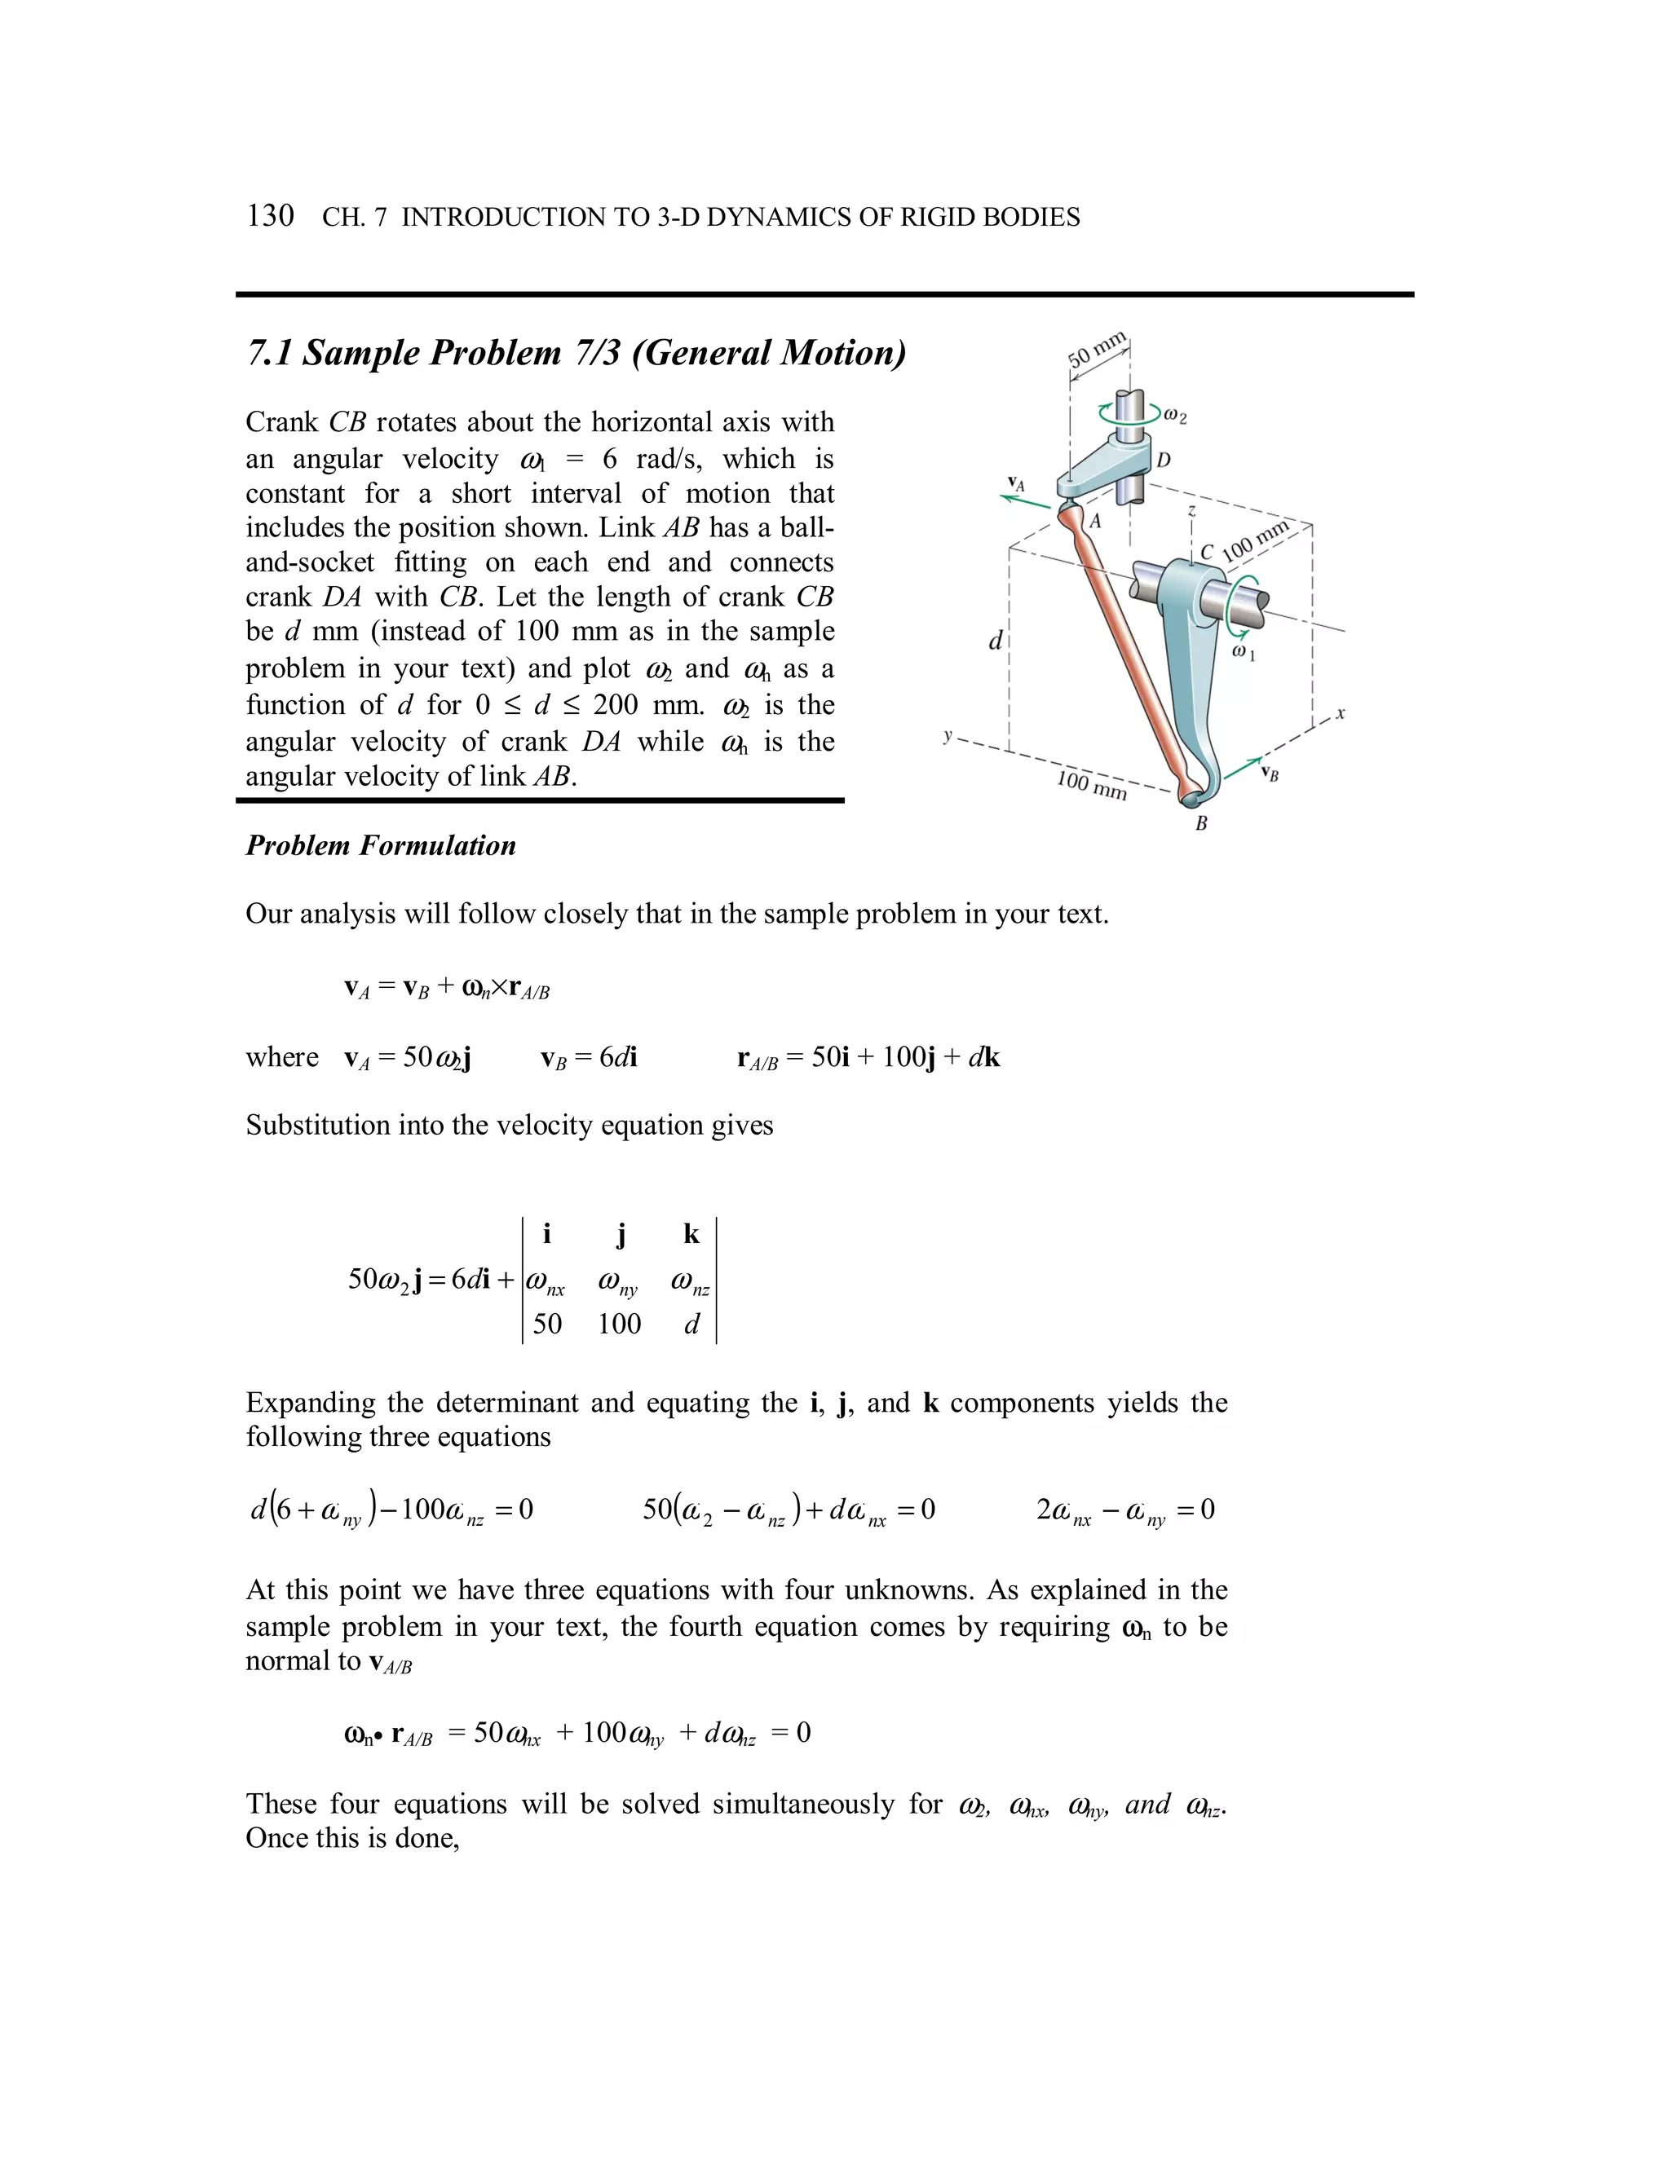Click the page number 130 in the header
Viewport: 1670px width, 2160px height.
tap(270, 216)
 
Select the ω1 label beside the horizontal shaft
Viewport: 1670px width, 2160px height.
tap(1243, 654)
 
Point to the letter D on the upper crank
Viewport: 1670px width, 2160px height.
tap(1164, 460)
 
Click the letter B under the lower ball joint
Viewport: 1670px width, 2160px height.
tap(1201, 823)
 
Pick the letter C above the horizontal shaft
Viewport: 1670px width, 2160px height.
tap(1207, 552)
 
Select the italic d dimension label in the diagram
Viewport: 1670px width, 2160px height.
tap(996, 641)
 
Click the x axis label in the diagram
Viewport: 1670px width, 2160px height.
tap(1340, 712)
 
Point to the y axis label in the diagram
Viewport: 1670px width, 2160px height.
tap(948, 735)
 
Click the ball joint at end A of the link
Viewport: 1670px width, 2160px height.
tap(1071, 513)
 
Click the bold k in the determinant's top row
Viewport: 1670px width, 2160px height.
tap(691, 1234)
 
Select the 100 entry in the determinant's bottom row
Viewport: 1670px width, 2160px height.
tap(620, 1323)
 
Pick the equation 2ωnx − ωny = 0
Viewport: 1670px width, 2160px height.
tap(1124, 1510)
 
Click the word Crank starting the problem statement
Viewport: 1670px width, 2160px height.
tap(282, 422)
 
